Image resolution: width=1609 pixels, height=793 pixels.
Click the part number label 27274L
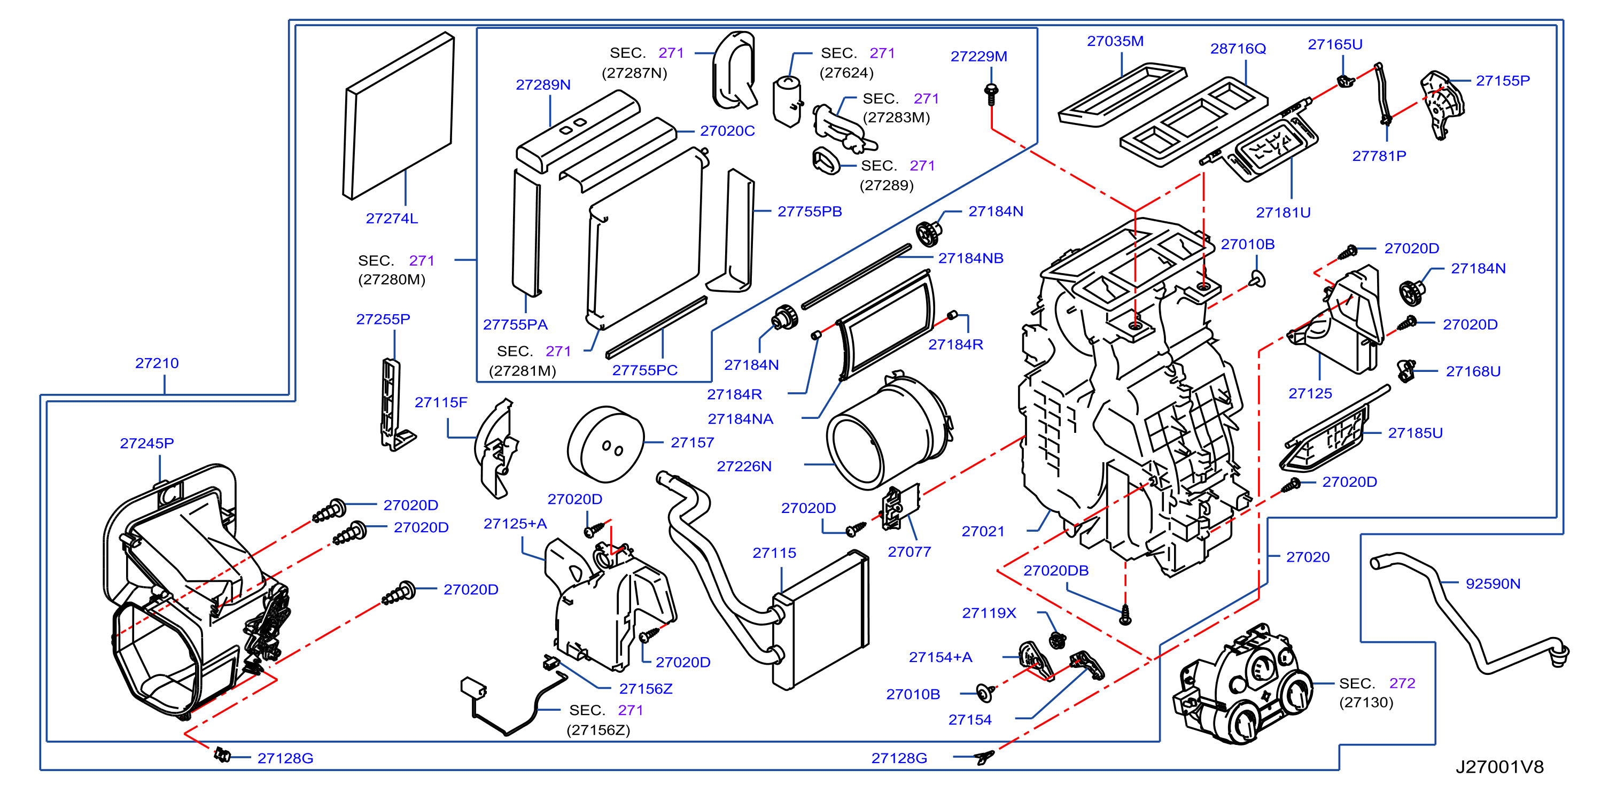(392, 219)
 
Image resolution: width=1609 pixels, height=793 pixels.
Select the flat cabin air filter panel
(399, 116)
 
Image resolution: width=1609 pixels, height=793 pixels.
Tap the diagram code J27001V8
(1499, 767)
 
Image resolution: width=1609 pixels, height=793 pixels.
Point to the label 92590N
(1493, 584)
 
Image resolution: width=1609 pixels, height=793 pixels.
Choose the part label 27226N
(744, 467)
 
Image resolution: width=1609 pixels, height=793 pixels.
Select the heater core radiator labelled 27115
(820, 620)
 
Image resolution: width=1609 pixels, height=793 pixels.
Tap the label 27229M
(979, 56)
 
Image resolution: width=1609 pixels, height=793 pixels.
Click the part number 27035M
(1115, 41)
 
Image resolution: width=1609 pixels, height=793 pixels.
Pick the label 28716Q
(1238, 49)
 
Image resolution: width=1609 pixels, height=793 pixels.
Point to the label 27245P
(147, 444)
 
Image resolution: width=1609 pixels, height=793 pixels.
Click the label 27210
(157, 363)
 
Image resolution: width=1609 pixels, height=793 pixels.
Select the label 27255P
(383, 319)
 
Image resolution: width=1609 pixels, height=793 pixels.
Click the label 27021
(983, 531)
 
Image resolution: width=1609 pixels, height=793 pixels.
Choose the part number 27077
(910, 552)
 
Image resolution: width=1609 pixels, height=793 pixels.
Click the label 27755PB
(810, 212)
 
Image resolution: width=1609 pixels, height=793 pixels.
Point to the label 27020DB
(1055, 571)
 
